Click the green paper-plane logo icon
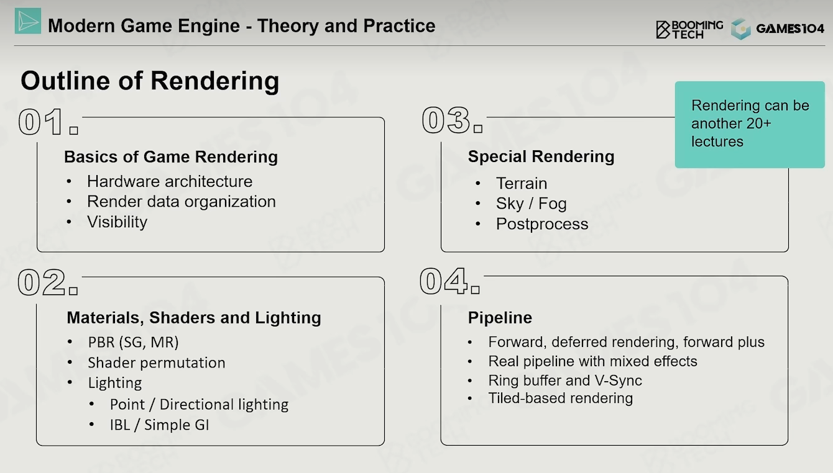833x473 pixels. pos(28,21)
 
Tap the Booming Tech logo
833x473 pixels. pos(689,29)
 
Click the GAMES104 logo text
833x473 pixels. pos(790,29)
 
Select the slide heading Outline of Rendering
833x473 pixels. pos(150,81)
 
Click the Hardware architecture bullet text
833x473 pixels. pos(170,181)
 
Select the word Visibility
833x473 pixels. pos(117,222)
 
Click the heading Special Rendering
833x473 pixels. pos(541,156)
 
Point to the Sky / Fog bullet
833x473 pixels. pos(531,204)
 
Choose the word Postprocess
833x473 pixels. pos(542,224)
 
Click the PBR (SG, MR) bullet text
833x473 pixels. pos(133,342)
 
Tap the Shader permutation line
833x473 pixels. pos(157,363)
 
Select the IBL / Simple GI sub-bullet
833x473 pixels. pos(159,425)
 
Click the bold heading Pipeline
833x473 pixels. pos(500,318)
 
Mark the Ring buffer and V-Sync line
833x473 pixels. pos(565,381)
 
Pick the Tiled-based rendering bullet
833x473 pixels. pos(561,399)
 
